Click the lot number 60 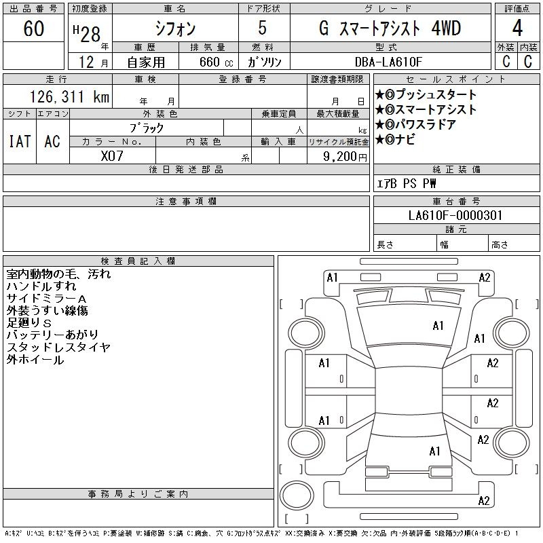[x=34, y=28]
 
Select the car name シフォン [x=175, y=29]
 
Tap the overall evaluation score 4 [x=517, y=28]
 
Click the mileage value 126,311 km [x=70, y=96]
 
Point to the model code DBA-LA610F [x=388, y=62]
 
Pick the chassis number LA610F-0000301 [x=455, y=215]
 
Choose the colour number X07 [x=112, y=156]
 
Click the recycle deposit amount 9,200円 [x=345, y=157]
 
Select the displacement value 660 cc [x=217, y=62]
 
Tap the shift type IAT [x=20, y=141]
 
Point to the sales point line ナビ [x=405, y=140]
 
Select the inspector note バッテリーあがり [x=53, y=335]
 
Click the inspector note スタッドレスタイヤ [x=58, y=347]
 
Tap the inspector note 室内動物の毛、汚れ [x=58, y=274]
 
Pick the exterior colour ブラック [x=147, y=128]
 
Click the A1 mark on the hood [x=438, y=326]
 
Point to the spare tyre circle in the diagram [x=297, y=495]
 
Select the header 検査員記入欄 [x=138, y=261]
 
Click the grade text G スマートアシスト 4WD [x=390, y=29]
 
